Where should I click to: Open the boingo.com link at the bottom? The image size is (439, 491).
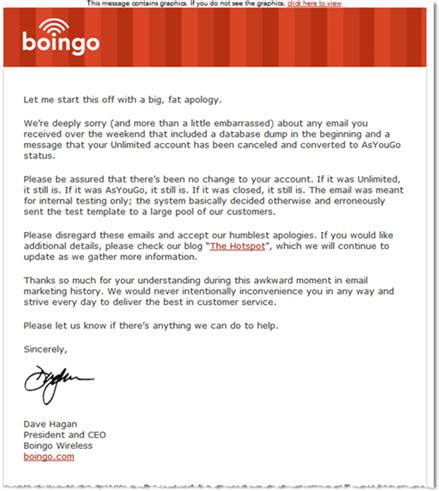(x=49, y=456)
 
